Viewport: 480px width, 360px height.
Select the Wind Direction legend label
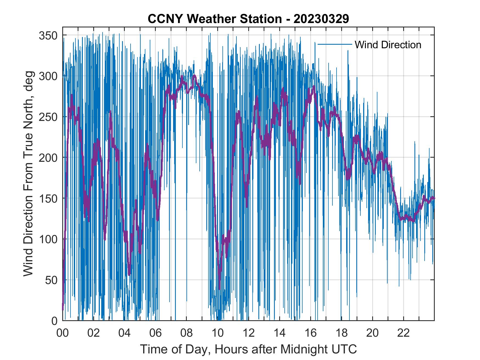click(388, 45)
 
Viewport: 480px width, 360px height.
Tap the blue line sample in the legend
click(335, 44)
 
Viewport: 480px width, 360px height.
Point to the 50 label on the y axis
click(52, 280)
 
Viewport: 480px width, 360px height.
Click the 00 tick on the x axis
click(63, 333)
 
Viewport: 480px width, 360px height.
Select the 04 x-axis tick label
click(125, 333)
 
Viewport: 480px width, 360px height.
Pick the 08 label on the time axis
click(187, 333)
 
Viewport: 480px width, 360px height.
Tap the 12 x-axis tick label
click(249, 333)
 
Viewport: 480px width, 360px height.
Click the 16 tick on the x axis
click(310, 333)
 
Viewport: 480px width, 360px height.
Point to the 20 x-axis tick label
click(372, 333)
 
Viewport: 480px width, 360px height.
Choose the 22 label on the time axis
click(403, 333)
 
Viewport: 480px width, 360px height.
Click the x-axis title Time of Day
click(249, 349)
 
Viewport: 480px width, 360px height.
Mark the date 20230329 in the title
click(321, 19)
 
